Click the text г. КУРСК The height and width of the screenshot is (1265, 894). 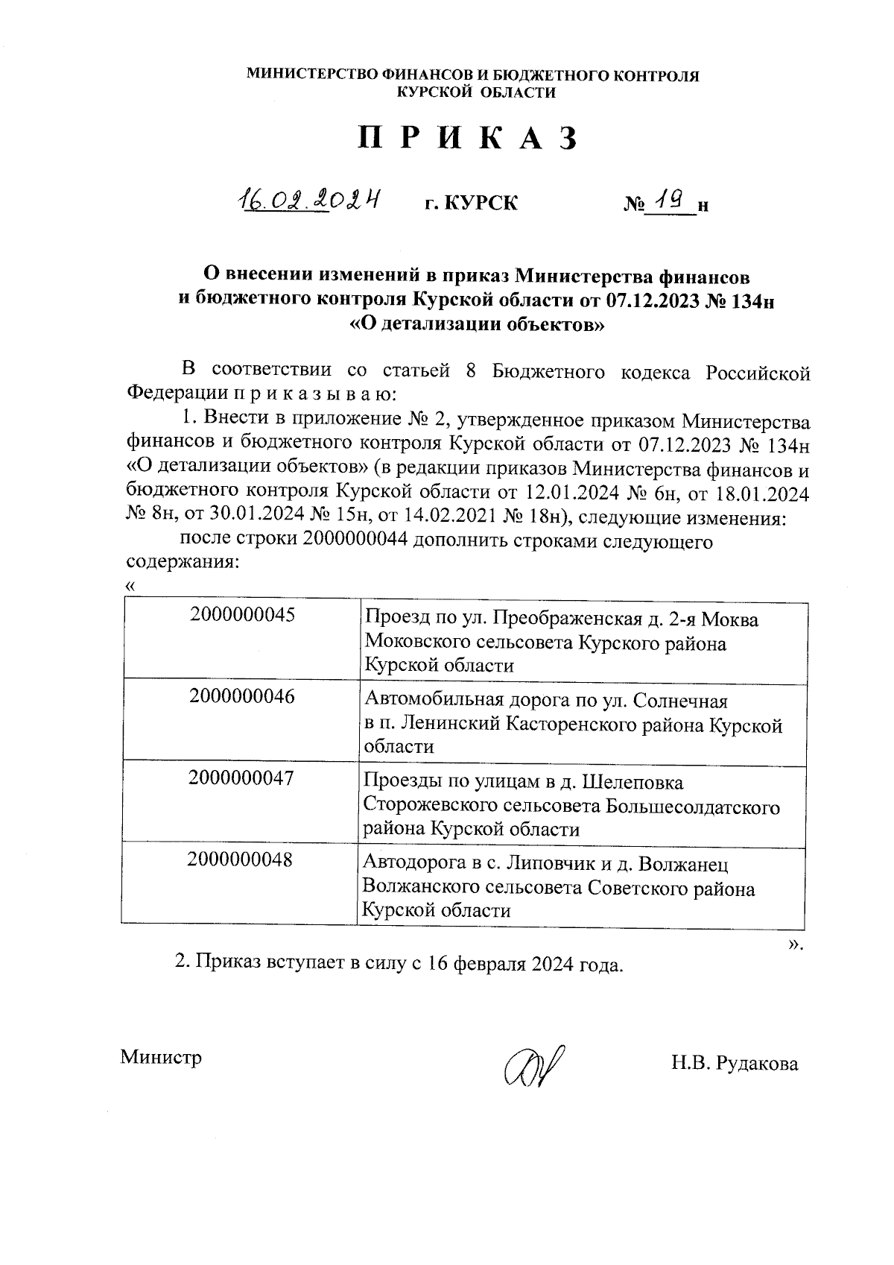point(470,203)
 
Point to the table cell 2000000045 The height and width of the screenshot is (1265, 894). point(242,616)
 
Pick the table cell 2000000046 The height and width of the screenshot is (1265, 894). point(242,697)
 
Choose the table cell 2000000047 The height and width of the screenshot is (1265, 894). point(241,778)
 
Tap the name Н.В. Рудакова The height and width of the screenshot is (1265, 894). point(734,1064)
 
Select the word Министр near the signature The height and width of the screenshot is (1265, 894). point(161,1057)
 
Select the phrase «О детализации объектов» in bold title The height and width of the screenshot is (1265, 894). point(476,324)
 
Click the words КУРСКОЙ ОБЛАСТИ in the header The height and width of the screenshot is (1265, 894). point(476,92)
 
